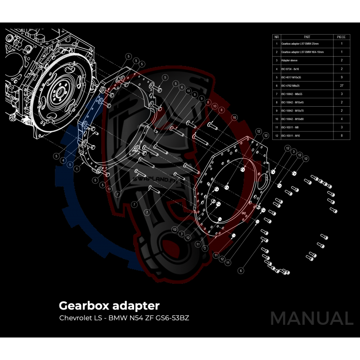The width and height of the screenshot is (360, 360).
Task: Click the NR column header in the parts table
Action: [277, 36]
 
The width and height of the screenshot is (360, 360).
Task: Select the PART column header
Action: [307, 36]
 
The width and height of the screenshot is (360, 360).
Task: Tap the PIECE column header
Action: [342, 36]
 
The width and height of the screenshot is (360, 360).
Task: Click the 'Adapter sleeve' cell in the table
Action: [288, 60]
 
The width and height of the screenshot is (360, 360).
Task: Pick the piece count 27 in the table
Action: [342, 85]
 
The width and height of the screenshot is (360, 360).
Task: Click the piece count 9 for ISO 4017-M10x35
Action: [342, 77]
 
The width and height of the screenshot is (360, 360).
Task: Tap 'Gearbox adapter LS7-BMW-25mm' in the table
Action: [299, 44]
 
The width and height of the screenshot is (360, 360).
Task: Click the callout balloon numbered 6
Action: [241, 270]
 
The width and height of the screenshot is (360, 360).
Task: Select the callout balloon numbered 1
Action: [77, 168]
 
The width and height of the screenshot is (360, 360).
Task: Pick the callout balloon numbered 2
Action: [205, 248]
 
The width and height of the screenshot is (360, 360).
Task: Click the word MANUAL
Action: [311, 319]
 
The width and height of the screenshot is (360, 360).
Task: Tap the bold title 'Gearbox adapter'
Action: [109, 306]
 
